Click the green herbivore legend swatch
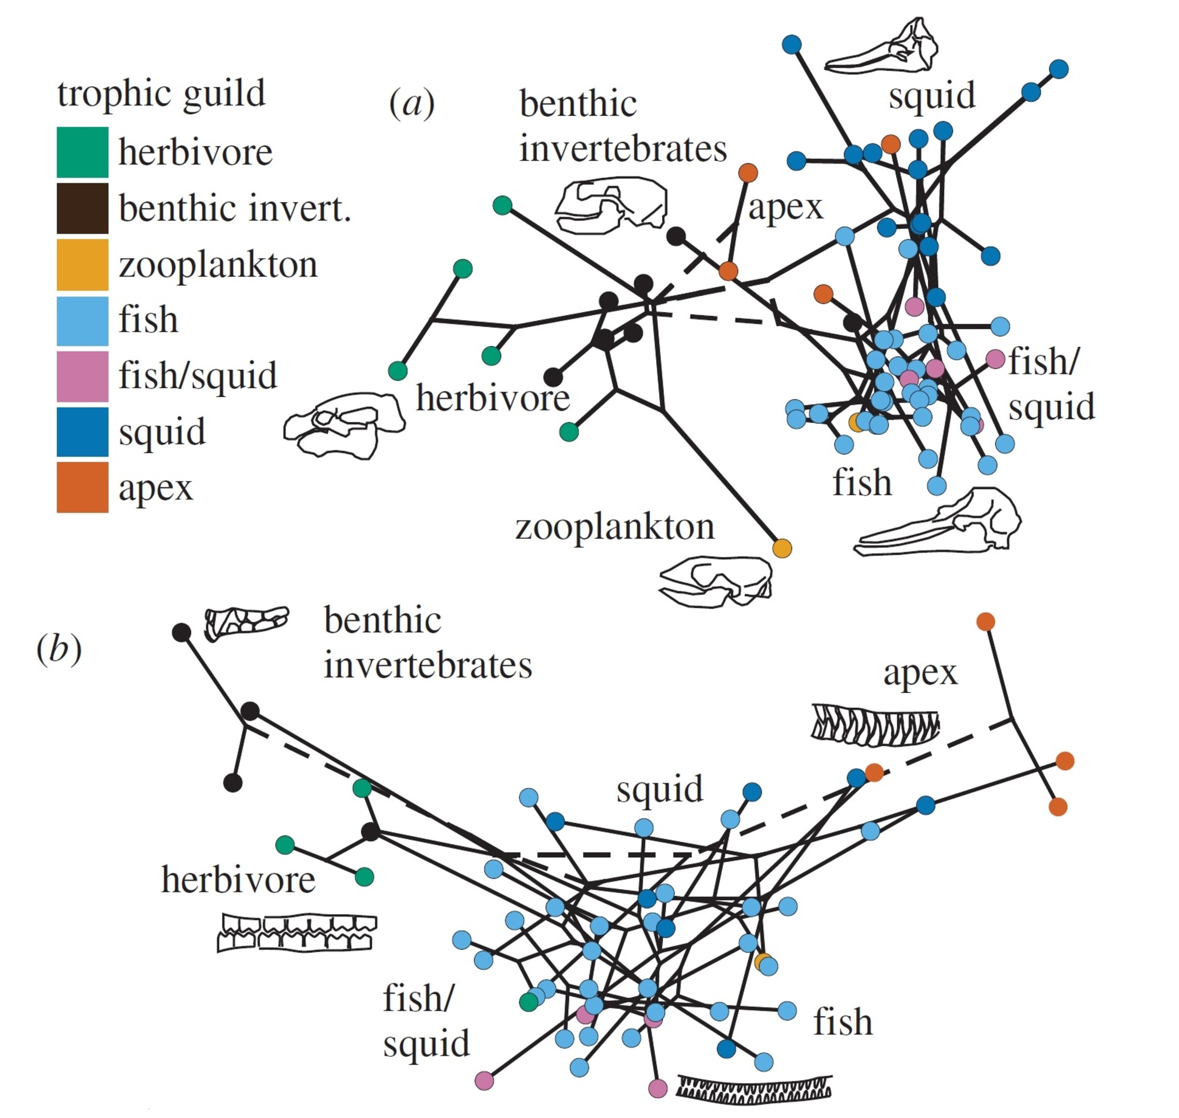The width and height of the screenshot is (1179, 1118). pyautogui.click(x=82, y=152)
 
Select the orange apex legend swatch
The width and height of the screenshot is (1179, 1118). pyautogui.click(x=82, y=487)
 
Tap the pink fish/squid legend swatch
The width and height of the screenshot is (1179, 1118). pyautogui.click(x=82, y=376)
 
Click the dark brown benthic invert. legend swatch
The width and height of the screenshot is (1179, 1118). pyautogui.click(x=82, y=208)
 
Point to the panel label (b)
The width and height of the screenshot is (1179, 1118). pyautogui.click(x=58, y=649)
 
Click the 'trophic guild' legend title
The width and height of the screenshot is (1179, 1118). pyautogui.click(x=161, y=94)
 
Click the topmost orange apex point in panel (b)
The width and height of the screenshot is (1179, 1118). pyautogui.click(x=985, y=622)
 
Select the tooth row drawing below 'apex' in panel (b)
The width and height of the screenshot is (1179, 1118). pyautogui.click(x=874, y=725)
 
